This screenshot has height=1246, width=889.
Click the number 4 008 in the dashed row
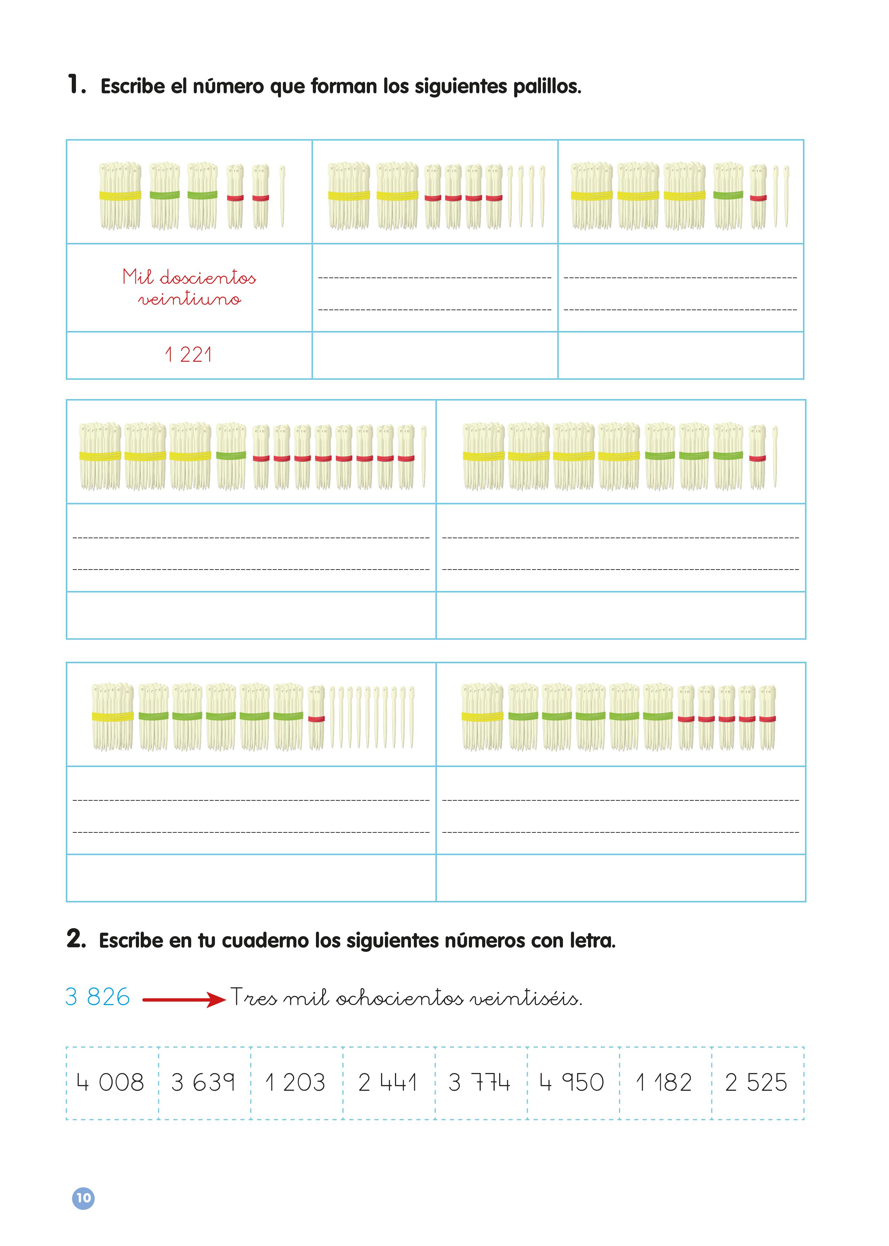110,1082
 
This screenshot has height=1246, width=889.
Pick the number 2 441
388,1082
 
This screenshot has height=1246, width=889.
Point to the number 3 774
480,1082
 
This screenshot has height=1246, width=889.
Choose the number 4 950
572,1082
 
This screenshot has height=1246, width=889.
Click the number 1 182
664,1082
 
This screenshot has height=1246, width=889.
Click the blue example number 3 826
98,997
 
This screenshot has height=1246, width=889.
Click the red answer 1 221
188,355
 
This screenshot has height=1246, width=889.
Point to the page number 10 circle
83,1198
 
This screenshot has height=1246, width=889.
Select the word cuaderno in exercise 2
265,941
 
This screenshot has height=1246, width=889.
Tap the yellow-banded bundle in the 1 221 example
120,195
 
